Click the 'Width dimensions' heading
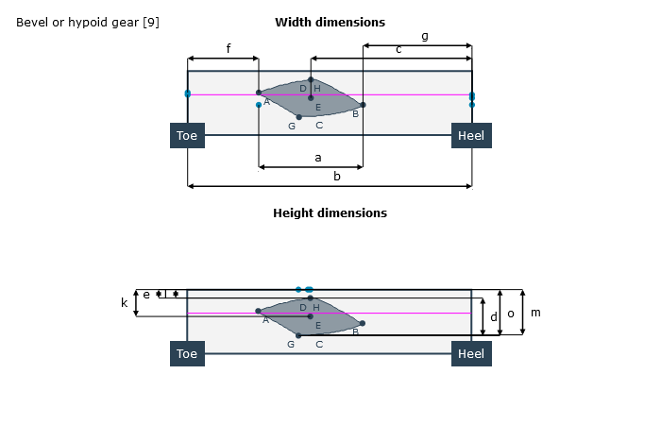coord(330,22)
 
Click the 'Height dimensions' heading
coord(330,212)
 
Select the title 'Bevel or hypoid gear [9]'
coord(88,22)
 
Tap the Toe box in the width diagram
coord(187,136)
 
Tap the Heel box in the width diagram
coord(471,136)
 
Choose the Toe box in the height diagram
coord(187,354)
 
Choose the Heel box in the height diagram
coord(471,354)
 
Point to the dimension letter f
coord(228,48)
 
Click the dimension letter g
coord(424,36)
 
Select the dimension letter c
coord(398,49)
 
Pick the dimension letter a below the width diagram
coord(317,158)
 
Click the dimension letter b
coord(337,176)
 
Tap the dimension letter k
coord(124,303)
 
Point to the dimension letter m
coord(536,313)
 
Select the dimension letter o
coord(511,314)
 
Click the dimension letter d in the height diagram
coord(493,317)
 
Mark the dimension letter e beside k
coord(145,295)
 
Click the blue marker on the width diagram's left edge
coord(188,93)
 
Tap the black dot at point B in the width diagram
coord(363,105)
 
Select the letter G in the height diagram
coord(292,344)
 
